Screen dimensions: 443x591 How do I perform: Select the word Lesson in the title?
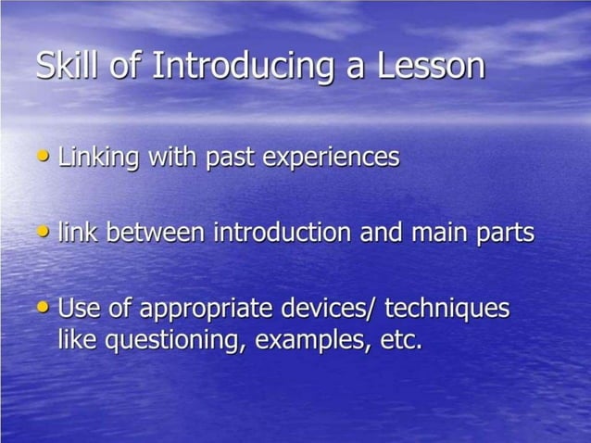[x=434, y=66]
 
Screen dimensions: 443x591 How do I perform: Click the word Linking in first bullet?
[x=97, y=158]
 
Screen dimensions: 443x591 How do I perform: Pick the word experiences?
[x=332, y=158]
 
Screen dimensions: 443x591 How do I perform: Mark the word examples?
[x=311, y=341]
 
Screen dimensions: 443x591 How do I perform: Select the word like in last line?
[x=77, y=340]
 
